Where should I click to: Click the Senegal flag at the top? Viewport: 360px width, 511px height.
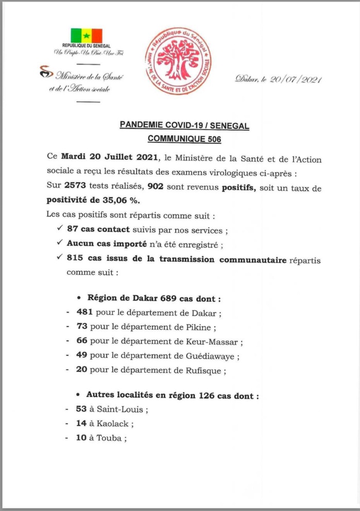(x=86, y=36)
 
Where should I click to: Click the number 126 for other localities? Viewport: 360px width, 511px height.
(x=206, y=396)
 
